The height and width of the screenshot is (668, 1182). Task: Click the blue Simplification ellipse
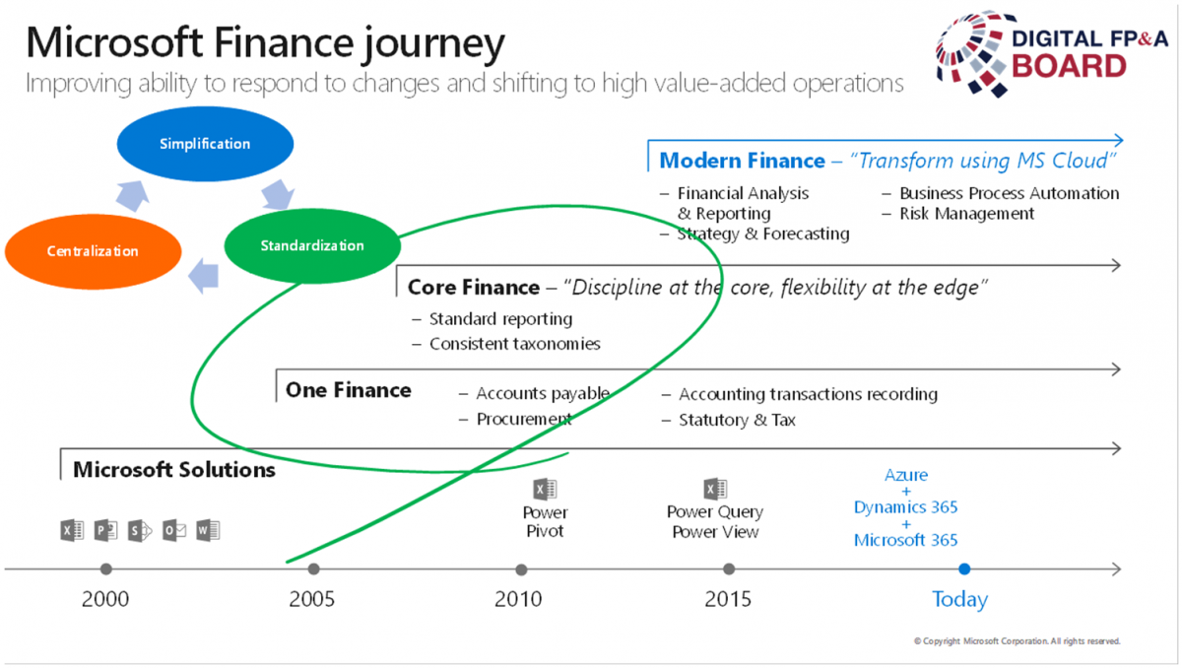coord(205,144)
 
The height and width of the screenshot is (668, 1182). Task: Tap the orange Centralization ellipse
coord(93,251)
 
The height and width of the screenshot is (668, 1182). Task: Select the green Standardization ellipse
coord(312,246)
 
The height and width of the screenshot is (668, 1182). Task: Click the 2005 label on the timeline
coord(312,599)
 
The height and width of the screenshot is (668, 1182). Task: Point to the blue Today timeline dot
coord(964,568)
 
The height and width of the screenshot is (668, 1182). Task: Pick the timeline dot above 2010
coord(521,569)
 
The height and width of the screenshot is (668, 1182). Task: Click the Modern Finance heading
coord(742,161)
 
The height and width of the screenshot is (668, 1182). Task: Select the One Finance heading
coord(349,390)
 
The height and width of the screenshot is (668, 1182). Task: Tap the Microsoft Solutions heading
coord(174,469)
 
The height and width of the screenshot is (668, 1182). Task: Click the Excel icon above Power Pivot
coord(545,489)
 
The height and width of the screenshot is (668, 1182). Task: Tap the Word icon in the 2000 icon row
coord(208,530)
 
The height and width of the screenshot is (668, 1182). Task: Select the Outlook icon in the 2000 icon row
coord(174,530)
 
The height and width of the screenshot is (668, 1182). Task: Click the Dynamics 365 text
coord(905,507)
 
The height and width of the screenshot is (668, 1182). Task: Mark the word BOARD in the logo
coord(1069,66)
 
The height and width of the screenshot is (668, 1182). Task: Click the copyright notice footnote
coord(1017,641)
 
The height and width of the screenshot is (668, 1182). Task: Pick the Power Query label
coord(715,511)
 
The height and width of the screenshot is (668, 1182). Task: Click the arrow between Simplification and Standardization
coord(278,194)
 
